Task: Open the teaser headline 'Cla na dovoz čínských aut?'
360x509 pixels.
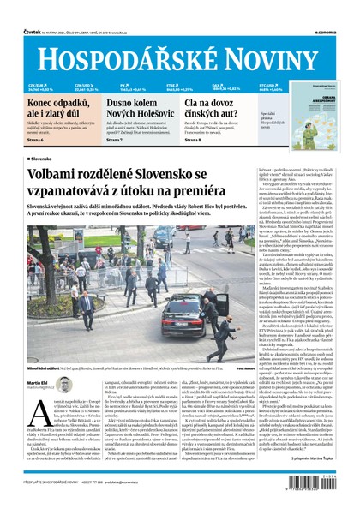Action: click(218, 109)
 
